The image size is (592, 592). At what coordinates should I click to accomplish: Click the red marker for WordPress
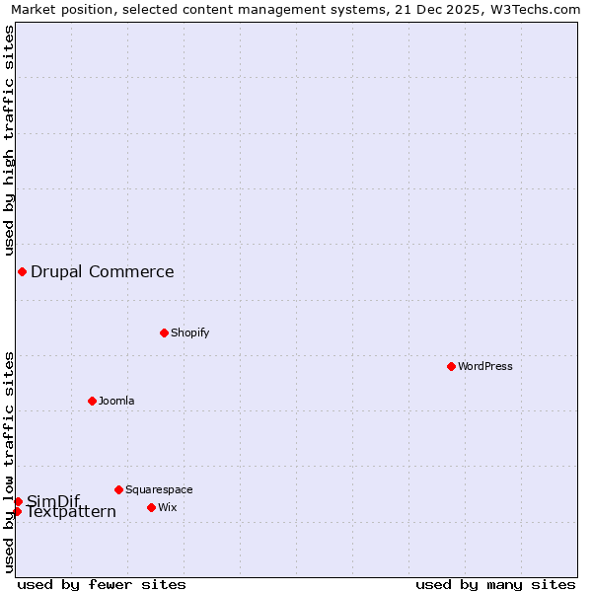(451, 366)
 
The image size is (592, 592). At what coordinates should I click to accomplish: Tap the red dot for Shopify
(164, 333)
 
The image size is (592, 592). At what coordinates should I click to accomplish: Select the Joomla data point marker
(92, 401)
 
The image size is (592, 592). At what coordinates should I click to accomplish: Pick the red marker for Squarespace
(118, 489)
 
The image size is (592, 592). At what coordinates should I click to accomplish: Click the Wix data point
(151, 507)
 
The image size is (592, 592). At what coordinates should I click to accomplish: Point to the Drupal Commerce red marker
(22, 271)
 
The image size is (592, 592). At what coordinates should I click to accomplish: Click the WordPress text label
(484, 366)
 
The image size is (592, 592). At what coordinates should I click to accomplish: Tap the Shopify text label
(189, 333)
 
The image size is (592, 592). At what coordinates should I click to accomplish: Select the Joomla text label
(116, 401)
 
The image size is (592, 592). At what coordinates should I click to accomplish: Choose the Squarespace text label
(159, 489)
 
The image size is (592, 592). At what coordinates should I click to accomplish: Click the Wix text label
(167, 507)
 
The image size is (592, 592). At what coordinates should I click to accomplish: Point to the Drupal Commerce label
(102, 271)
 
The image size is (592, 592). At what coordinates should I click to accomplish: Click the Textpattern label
(71, 512)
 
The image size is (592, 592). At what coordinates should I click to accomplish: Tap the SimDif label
(53, 500)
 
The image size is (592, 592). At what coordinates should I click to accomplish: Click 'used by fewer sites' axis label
(102, 584)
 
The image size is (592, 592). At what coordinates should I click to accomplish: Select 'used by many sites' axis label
(495, 584)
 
